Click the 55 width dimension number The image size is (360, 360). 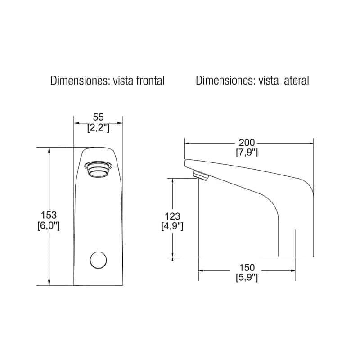pyautogui.click(x=98, y=117)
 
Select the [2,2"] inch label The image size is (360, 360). pyautogui.click(x=98, y=128)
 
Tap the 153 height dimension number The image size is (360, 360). pyautogui.click(x=49, y=215)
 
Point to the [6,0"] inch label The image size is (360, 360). pyautogui.click(x=49, y=226)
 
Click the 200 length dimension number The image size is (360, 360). pyautogui.click(x=247, y=143)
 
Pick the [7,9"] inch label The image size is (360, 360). pyautogui.click(x=247, y=153)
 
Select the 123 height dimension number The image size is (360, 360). pyautogui.click(x=172, y=216)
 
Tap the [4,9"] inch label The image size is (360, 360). pyautogui.click(x=172, y=226)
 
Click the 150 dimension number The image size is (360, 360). pyautogui.click(x=247, y=268)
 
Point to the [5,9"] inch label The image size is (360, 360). pyautogui.click(x=247, y=278)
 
